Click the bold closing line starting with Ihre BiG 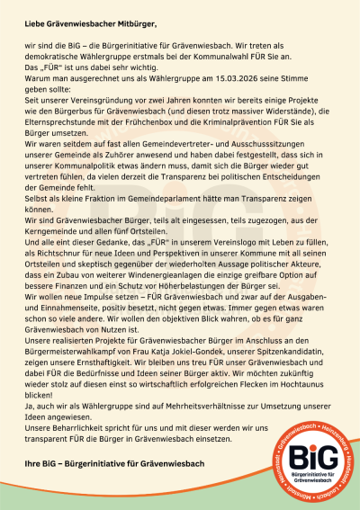click(114, 463)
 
